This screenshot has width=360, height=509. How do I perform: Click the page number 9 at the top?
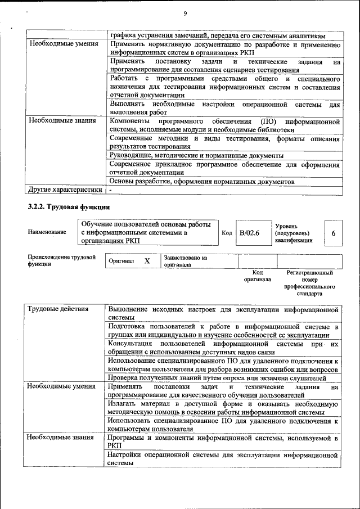point(184,13)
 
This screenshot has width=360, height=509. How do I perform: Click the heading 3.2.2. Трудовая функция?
point(69,207)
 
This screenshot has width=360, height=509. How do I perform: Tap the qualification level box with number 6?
point(333,232)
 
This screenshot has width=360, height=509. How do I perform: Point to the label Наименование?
point(47,232)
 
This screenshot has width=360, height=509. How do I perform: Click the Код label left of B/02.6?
point(226,232)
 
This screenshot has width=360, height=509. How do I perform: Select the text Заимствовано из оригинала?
point(186,261)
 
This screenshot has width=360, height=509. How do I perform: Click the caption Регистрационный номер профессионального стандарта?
point(309,283)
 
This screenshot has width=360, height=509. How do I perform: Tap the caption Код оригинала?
point(257,276)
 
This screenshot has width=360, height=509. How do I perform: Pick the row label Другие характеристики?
point(65,190)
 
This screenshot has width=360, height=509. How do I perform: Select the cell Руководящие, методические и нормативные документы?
point(196,155)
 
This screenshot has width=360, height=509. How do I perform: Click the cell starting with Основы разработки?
point(201,182)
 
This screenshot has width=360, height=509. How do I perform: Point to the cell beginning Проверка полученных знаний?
point(217,379)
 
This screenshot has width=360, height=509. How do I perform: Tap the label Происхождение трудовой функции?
point(54,261)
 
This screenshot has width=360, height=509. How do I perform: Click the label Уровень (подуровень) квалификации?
point(293,232)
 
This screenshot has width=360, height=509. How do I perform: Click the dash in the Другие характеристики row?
point(111,190)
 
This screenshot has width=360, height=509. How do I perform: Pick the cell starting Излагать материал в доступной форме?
point(223,408)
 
